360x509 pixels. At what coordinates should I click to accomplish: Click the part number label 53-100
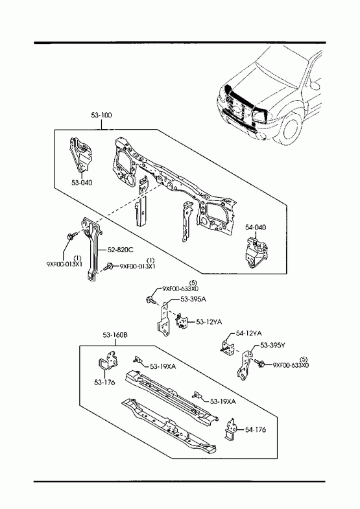click(101, 115)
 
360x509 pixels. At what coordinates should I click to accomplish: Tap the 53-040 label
click(82, 182)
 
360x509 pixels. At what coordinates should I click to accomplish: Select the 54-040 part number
click(256, 227)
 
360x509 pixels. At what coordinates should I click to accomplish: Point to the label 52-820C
click(121, 250)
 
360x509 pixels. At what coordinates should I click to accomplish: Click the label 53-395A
click(193, 300)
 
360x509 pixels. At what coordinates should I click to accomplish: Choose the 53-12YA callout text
click(209, 322)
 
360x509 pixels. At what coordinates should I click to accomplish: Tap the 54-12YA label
click(249, 333)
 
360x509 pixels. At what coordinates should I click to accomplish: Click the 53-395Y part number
click(272, 346)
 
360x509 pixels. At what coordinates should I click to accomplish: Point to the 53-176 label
click(104, 383)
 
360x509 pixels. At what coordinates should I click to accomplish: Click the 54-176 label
click(256, 430)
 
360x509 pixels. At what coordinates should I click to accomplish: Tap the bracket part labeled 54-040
click(256, 253)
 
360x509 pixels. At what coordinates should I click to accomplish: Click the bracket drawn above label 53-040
click(80, 156)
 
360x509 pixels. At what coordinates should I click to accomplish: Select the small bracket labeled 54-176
click(230, 429)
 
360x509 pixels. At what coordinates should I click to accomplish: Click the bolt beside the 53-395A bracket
click(150, 300)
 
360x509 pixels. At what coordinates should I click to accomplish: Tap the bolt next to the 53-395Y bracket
click(259, 362)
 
